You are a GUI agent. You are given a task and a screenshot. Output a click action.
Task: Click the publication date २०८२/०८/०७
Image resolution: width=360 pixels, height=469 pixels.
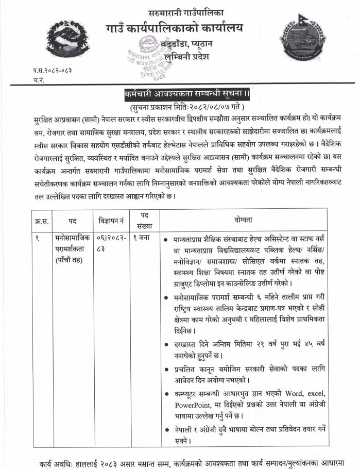click(x=198, y=106)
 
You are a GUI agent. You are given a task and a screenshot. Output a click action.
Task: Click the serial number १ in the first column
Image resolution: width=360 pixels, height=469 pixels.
click(x=37, y=238)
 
